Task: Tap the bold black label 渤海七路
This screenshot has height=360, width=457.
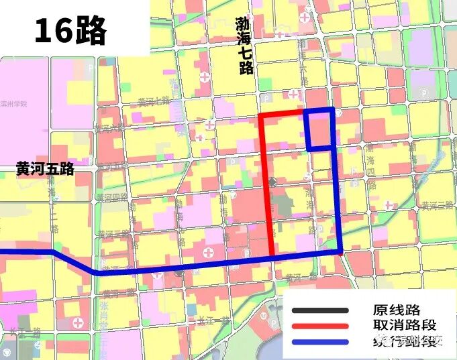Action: pyautogui.click(x=245, y=46)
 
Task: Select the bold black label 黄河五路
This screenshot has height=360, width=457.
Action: pyautogui.click(x=45, y=170)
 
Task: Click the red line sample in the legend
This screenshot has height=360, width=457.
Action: pyautogui.click(x=320, y=326)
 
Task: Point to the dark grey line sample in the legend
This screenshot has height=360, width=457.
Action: pyautogui.click(x=320, y=310)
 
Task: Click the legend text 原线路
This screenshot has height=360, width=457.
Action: pyautogui.click(x=396, y=310)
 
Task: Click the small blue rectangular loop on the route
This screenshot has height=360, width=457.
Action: pyautogui.click(x=319, y=129)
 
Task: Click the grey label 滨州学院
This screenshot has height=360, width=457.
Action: pyautogui.click(x=15, y=104)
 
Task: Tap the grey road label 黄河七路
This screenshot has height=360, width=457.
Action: pyautogui.click(x=154, y=101)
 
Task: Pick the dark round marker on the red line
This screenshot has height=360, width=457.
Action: pyautogui.click(x=272, y=182)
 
